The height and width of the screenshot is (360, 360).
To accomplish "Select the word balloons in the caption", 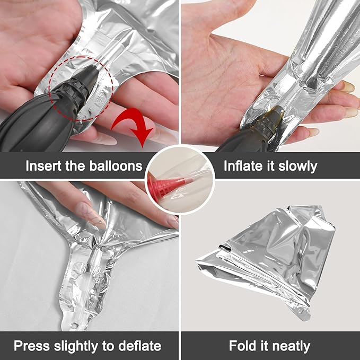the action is point(116,165).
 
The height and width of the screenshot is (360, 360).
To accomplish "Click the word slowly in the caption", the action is point(298,166).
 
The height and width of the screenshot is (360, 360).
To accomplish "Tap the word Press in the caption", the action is point(32,346).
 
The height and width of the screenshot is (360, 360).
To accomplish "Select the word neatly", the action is point(291,346).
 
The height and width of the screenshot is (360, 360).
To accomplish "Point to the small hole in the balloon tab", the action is point(75,325).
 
